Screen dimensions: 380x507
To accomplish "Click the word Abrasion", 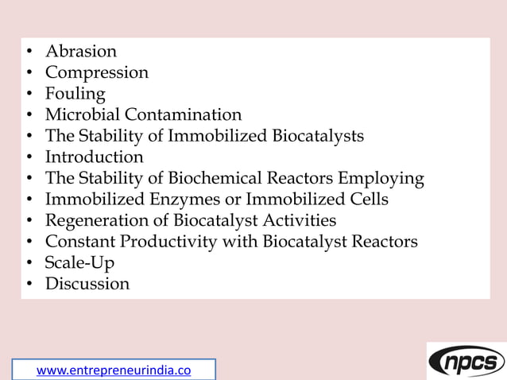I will coord(80,52).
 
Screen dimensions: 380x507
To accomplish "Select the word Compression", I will coord(96,73).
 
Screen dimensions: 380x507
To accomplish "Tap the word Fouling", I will coord(75,94).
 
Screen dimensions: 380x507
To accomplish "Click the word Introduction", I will coord(94,157).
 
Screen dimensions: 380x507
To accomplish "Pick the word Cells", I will coord(366,200).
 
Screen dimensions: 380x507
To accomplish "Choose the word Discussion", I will coord(87,284).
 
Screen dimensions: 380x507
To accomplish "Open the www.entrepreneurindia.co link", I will coord(114,370).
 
